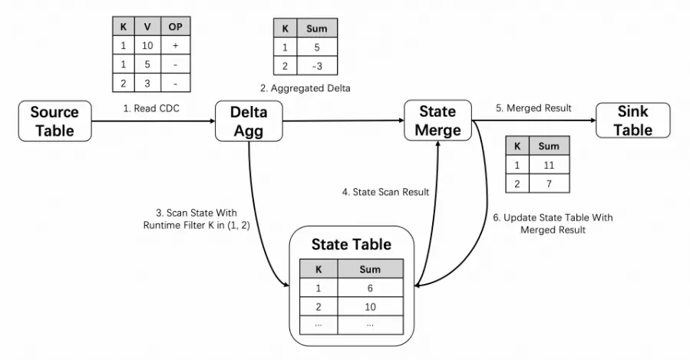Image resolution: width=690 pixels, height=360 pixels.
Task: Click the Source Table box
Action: point(54,121)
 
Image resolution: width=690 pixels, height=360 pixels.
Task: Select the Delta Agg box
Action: point(249,121)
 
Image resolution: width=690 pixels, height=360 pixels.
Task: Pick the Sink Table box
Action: point(632,121)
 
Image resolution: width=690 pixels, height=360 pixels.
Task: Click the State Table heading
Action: point(351,245)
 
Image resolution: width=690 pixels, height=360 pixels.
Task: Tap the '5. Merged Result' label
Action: point(533,108)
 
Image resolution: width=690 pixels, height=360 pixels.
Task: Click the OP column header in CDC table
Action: point(176,27)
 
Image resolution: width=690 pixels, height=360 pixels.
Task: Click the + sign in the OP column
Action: point(176,45)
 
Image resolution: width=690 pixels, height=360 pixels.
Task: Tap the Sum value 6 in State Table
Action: point(370,288)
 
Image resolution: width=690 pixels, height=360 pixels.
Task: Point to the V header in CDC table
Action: point(147,27)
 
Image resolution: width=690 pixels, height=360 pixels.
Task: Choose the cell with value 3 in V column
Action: point(147,82)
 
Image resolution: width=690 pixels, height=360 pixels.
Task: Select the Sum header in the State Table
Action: point(370,269)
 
